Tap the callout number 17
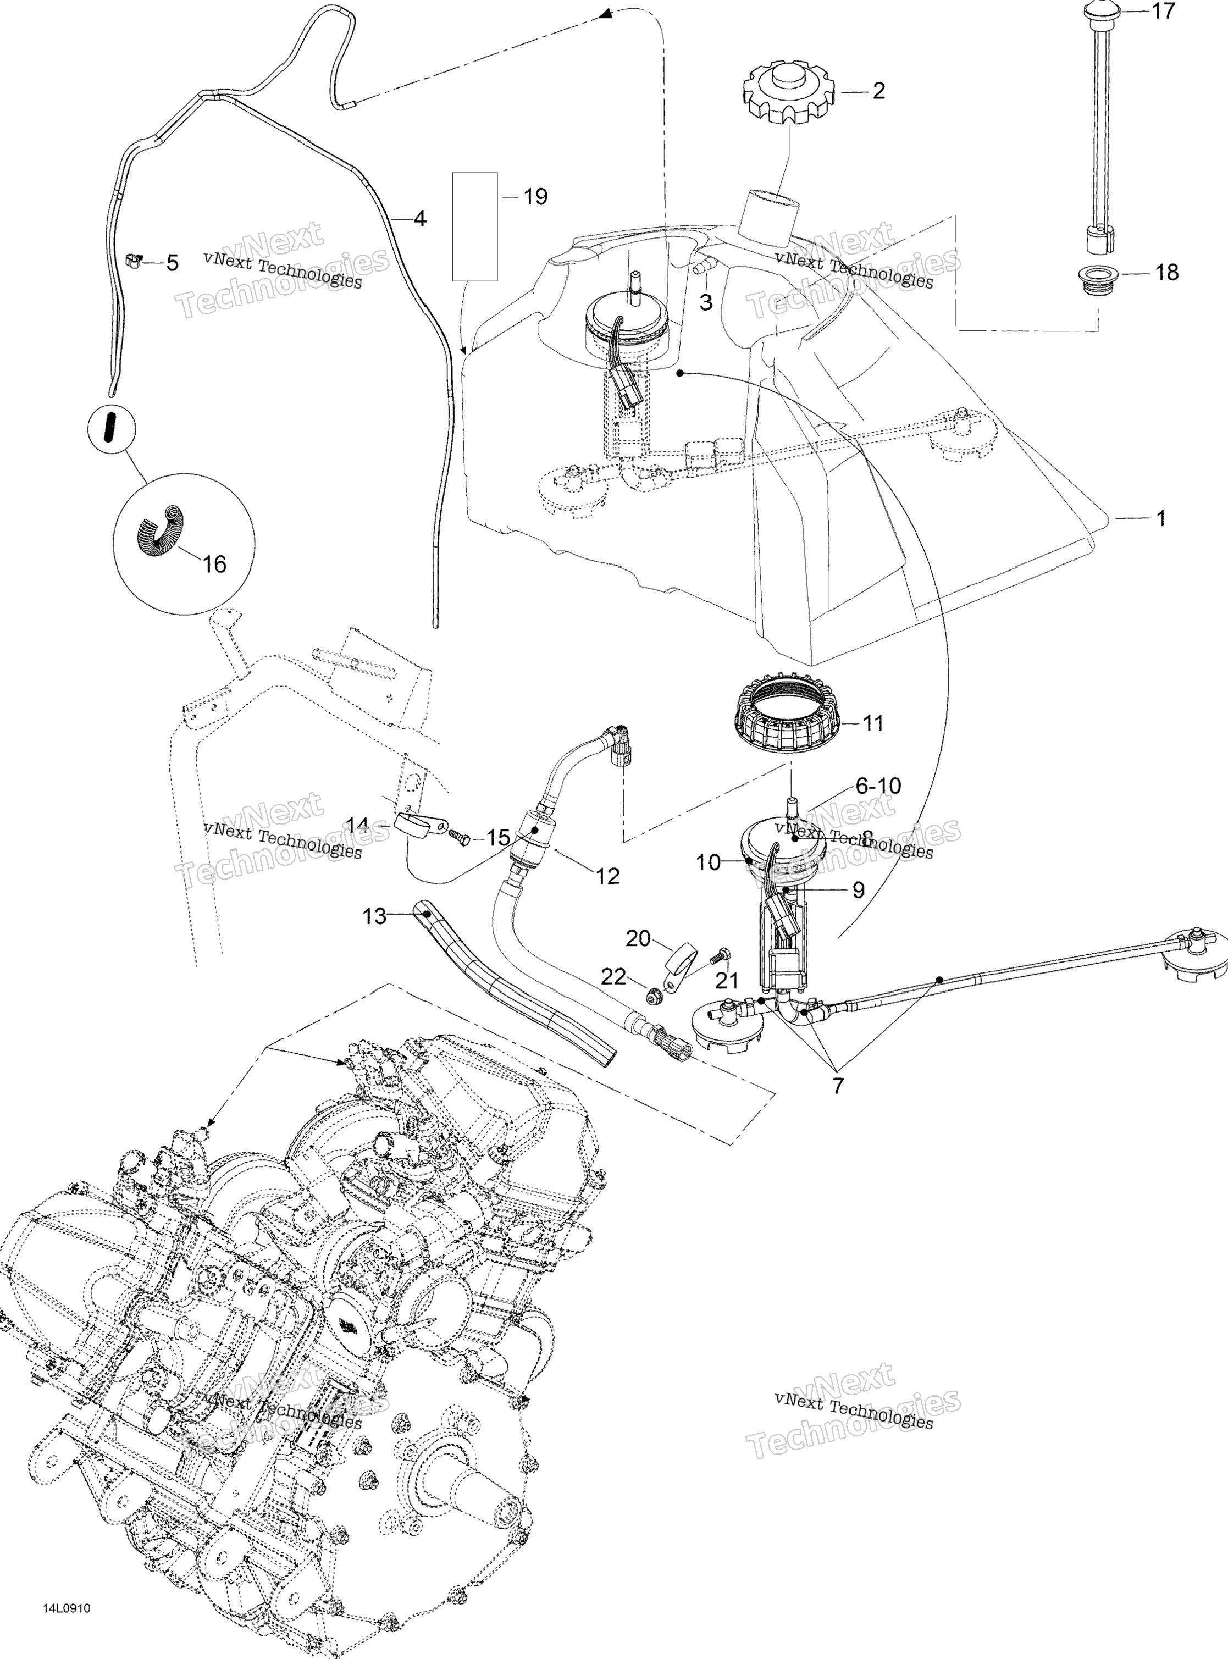[x=1163, y=11]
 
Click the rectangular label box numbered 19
[x=475, y=226]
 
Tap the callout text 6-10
[x=878, y=785]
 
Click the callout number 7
[x=838, y=1086]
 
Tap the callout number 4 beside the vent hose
[x=420, y=219]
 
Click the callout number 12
[x=607, y=876]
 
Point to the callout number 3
[x=705, y=302]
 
